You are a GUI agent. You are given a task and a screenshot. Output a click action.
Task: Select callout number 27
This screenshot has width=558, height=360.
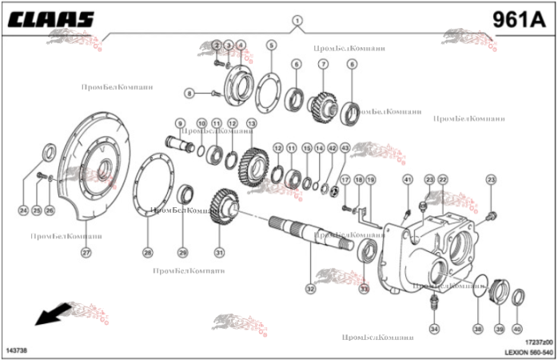(86, 253)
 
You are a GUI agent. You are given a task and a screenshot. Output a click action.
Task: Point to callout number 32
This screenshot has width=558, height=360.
(310, 288)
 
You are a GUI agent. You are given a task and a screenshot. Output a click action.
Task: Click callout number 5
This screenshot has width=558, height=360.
(272, 45)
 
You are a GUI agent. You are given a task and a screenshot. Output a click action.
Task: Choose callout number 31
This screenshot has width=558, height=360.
(219, 253)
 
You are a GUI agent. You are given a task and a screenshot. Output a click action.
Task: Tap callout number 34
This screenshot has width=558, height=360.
(434, 329)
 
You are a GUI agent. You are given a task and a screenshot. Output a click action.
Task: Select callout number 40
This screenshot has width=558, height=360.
(516, 329)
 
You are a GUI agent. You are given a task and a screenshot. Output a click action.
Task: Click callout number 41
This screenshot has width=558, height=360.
(407, 178)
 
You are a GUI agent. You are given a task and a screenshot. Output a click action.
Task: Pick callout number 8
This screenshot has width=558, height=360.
(189, 94)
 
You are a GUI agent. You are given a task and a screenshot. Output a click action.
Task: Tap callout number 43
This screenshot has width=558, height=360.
(345, 148)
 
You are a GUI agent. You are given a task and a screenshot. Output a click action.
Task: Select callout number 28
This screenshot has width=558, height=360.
(147, 253)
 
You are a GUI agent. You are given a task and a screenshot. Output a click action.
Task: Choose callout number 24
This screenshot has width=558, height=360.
(22, 210)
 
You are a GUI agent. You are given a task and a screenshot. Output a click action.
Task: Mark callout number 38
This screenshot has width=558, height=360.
(478, 329)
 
